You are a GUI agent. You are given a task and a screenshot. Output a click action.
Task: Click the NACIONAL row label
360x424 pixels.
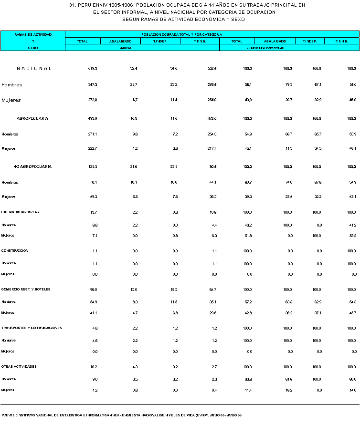34,69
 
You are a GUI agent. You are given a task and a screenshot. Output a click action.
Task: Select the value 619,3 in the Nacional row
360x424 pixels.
93,69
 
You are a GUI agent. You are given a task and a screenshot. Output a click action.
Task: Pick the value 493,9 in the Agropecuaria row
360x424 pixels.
93,118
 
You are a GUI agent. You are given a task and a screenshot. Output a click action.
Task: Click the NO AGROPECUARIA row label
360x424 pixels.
32,166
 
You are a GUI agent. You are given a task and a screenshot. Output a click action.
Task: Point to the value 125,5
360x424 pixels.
93,166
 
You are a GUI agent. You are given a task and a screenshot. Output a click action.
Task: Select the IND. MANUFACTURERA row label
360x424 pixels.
21,212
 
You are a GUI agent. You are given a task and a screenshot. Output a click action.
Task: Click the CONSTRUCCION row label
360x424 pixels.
15,250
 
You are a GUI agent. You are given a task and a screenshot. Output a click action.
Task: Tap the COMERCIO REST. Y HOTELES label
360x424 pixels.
26,290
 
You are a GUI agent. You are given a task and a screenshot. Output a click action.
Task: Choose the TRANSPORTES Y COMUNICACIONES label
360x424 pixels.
32,328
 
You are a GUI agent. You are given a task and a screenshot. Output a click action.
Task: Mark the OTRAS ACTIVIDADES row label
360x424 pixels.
20,367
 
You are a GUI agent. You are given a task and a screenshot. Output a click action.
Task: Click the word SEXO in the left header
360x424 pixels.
32,48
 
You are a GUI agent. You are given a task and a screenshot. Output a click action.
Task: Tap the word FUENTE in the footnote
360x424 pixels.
8,415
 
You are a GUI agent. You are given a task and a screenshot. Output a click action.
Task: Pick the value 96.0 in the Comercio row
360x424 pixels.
94,290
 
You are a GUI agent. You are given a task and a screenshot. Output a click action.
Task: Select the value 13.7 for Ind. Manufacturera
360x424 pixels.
94,212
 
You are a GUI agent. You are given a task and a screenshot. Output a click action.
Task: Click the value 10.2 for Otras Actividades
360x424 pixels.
94,367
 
